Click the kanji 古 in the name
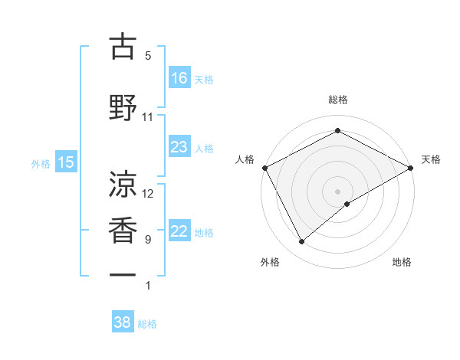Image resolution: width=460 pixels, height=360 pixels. coord(123,47)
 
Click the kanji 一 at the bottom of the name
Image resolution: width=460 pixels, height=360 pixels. coord(123,274)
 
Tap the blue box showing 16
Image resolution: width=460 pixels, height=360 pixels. coord(179,77)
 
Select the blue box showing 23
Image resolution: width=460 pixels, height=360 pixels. coord(179,146)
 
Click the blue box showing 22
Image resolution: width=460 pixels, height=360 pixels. coord(179,231)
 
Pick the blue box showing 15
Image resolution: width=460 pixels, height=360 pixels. coord(66,162)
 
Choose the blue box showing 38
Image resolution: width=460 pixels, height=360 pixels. coord(123,322)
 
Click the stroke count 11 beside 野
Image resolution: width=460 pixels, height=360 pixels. coord(148,117)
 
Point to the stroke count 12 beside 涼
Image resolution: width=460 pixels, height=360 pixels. coord(148,194)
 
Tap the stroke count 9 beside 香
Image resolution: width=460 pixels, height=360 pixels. coord(148,240)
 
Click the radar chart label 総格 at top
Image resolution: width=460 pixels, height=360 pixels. coord(338,100)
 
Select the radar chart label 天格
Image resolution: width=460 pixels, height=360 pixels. coord(431,159)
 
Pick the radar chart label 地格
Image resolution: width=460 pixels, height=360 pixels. coord(402,262)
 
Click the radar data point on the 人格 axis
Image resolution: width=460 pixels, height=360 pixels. coord(264,167)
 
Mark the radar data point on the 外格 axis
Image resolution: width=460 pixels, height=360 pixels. coord(302,242)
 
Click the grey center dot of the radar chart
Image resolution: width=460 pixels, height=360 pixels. coord(338,191)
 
